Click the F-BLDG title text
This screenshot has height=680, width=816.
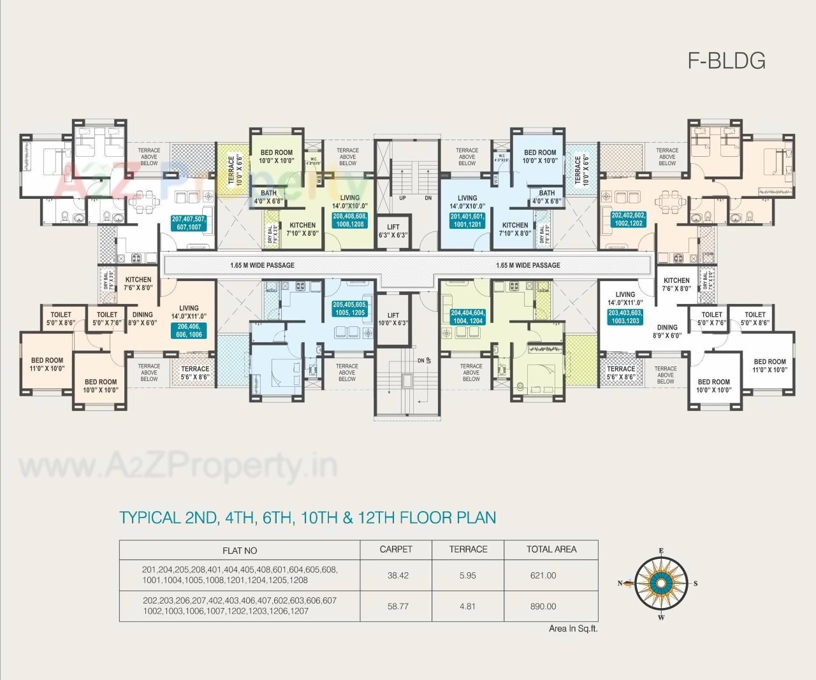726,60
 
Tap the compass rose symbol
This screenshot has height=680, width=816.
661,582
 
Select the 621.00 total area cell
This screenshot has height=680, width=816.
543,575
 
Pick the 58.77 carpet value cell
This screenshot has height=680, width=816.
398,606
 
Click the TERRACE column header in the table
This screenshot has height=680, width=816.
468,549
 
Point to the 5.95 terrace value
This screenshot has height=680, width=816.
467,575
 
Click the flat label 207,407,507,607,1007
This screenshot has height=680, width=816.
193,222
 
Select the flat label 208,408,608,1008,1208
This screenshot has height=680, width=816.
349,220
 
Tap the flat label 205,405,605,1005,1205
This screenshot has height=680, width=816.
349,309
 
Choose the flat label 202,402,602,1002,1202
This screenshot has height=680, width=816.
628,219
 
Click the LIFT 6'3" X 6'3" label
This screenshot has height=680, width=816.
393,231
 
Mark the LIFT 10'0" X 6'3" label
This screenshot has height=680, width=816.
393,319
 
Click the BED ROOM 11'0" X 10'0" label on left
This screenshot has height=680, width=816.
47,365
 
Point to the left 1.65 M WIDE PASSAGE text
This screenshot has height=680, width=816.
262,265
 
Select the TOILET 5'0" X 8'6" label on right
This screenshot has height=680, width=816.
755,318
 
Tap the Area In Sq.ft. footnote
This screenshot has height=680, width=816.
573,628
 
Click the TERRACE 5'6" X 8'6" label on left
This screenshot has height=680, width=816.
195,373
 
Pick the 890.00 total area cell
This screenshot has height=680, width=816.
543,606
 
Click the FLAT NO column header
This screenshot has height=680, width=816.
240,550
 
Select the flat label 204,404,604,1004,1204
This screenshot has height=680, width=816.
468,317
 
